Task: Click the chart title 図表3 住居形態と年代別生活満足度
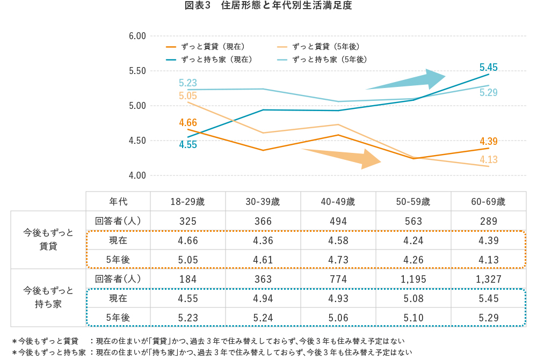tap(268, 6)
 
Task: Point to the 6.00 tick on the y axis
tap(137, 36)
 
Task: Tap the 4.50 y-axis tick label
tap(137, 141)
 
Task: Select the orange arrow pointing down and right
tap(344, 157)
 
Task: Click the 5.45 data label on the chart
tap(489, 68)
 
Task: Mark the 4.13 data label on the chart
tap(489, 159)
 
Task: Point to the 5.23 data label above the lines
tap(188, 83)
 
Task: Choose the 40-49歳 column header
tap(338, 202)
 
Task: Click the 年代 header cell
tap(118, 202)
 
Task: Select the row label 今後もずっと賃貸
tap(48, 239)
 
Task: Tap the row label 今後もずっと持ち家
tap(48, 297)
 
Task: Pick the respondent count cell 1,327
tap(488, 279)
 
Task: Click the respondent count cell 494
tap(338, 221)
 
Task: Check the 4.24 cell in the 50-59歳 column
tap(413, 240)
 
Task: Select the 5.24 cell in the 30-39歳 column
tap(263, 318)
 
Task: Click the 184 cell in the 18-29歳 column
tap(187, 279)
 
